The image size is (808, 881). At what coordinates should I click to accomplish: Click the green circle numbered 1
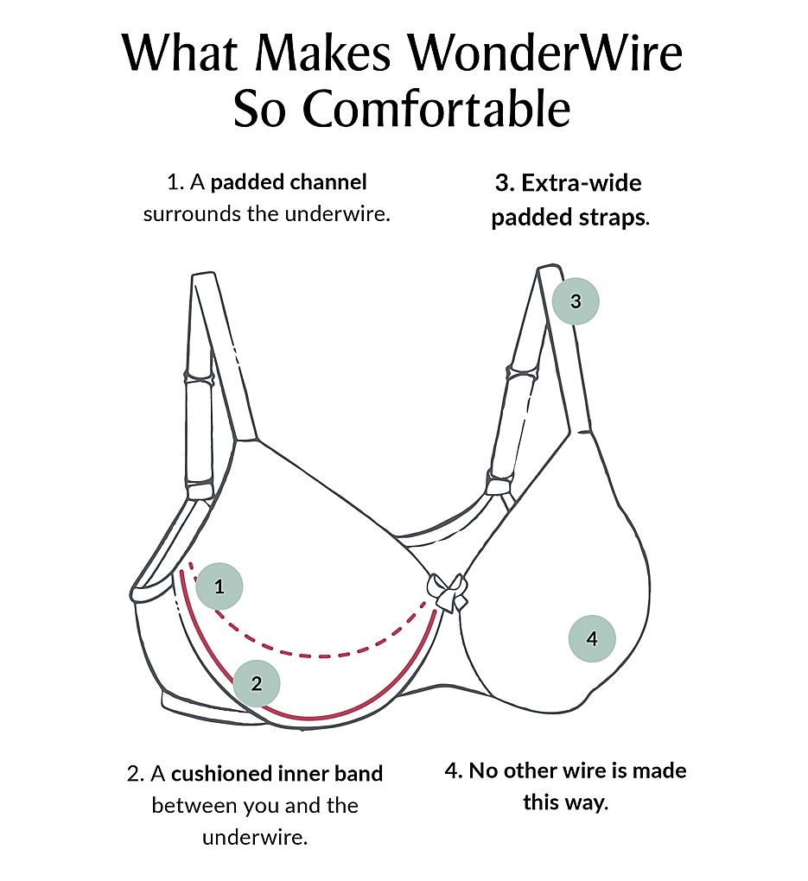point(219,587)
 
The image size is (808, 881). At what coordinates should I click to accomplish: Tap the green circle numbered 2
point(257,684)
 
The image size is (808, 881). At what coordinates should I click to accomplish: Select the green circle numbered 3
point(576,301)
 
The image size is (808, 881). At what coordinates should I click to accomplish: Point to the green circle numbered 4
point(592,639)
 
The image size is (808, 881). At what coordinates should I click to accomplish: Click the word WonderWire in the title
point(545,54)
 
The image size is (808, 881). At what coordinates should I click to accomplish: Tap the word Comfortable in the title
point(449,109)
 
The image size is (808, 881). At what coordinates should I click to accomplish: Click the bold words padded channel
point(289,182)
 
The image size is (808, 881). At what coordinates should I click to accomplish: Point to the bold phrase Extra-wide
point(581,183)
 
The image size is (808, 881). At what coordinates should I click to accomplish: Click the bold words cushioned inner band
point(283,773)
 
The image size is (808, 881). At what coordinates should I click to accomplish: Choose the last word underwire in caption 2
point(254,838)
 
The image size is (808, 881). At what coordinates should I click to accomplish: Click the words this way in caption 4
point(565,802)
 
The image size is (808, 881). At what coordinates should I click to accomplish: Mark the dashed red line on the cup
point(328,652)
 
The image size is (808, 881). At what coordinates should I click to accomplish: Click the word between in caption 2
point(188,806)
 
